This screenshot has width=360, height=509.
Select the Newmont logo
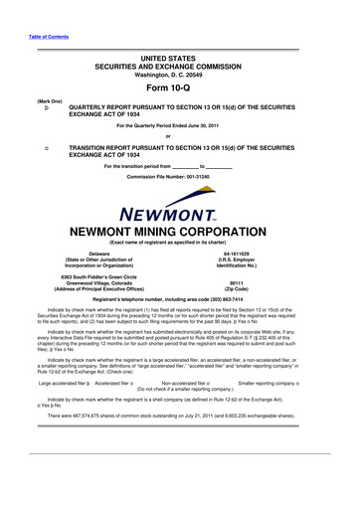point(181,187)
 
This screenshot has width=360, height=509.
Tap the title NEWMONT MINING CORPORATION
point(180,207)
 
